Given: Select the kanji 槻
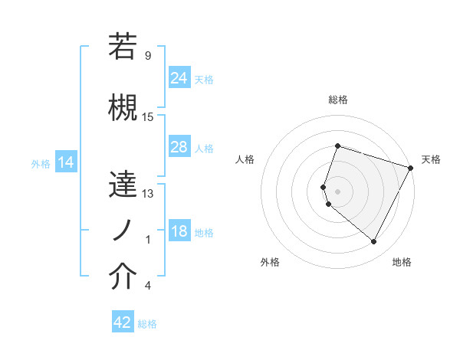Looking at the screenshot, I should coord(123,107).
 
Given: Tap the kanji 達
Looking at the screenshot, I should coord(123,184).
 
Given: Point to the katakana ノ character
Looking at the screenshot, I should coord(123,230).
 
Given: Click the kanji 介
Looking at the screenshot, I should coord(123,277).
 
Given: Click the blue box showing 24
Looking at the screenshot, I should coord(179,77).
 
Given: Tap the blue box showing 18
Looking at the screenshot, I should coord(179,232).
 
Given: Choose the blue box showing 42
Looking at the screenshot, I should coord(123,322).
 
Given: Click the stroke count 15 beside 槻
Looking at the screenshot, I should coord(148,116).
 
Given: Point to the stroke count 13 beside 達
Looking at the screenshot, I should coord(148,193).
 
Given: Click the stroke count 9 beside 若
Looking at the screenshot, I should coord(147,55).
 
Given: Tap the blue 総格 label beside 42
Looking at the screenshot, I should coord(148,324).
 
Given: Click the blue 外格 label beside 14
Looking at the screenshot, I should coord(41,163).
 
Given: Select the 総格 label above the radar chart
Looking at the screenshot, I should coord(338,100).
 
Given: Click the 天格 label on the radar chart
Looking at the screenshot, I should coord(432,159).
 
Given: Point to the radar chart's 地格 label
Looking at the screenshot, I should coord(402,262).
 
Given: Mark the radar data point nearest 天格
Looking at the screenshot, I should coord(412,168).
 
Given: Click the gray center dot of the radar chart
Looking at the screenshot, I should coord(338,191).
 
